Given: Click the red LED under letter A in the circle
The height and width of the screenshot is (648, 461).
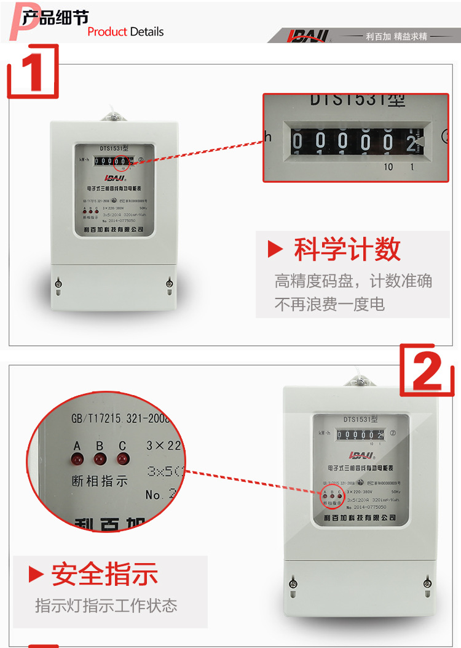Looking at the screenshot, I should [x=78, y=458].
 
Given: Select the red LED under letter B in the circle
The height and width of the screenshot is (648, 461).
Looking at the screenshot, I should [x=100, y=458].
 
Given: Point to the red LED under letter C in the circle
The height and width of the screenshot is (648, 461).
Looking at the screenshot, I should [x=122, y=458].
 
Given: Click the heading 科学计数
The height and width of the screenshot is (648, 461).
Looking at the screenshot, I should [x=347, y=249].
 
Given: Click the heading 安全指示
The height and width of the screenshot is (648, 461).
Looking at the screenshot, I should [x=104, y=574].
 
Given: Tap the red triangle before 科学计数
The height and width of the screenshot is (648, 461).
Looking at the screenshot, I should [x=275, y=250].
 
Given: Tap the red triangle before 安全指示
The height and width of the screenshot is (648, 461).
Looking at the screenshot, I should [x=36, y=574].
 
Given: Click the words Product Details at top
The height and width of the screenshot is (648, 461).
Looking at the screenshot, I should [x=125, y=31].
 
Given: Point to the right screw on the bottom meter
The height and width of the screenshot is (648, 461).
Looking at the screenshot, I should [x=427, y=582].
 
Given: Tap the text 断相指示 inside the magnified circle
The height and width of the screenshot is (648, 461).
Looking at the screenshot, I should [x=100, y=481].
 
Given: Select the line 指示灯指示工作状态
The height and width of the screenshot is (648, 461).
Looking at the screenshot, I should [x=106, y=605].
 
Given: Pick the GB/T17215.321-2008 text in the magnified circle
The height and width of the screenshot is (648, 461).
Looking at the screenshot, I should [x=120, y=419].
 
